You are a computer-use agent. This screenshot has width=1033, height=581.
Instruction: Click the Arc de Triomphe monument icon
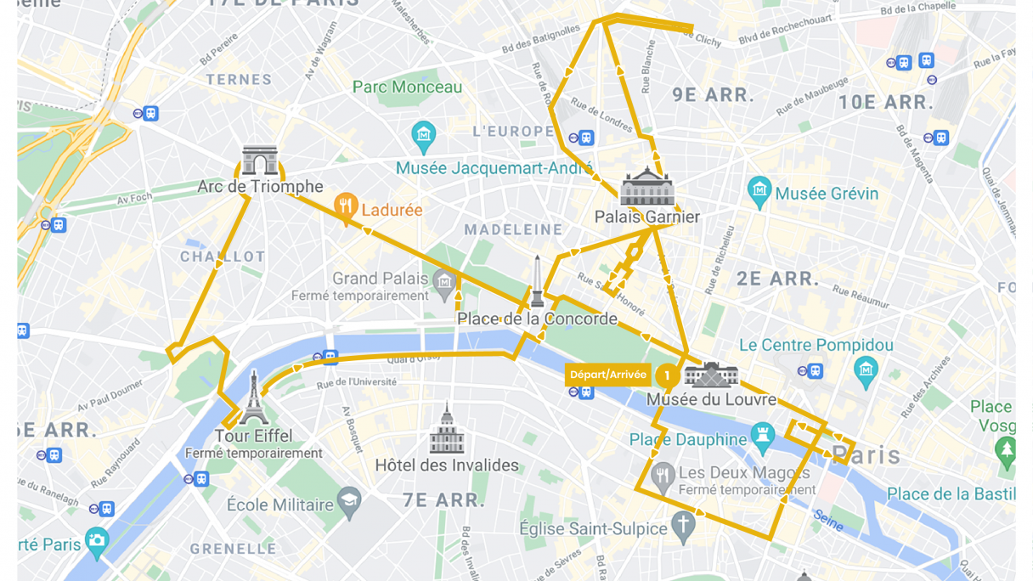click(x=260, y=160)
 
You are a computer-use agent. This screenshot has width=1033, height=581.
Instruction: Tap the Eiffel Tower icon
click(x=253, y=398)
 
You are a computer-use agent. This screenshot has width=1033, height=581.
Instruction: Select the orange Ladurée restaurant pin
click(x=345, y=207)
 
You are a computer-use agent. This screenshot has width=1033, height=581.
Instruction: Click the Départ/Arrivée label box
click(x=607, y=375)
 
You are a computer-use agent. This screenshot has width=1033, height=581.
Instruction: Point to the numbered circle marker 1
click(x=667, y=375)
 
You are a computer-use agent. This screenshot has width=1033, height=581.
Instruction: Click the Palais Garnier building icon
click(x=647, y=188)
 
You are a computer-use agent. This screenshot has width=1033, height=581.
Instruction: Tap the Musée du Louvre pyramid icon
click(x=711, y=375)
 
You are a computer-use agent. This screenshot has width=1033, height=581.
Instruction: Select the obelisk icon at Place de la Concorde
click(x=537, y=282)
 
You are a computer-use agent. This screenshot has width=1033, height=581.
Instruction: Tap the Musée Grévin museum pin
click(x=759, y=191)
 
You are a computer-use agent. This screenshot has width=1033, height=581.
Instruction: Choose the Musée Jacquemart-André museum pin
click(x=423, y=134)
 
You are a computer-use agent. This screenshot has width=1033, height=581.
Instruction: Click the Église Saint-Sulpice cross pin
click(x=683, y=527)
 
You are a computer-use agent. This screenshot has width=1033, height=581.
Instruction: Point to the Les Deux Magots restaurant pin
click(x=663, y=476)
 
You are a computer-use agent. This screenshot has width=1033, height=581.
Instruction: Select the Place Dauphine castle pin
click(x=762, y=437)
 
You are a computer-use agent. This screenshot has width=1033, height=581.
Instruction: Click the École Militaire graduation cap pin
click(x=349, y=501)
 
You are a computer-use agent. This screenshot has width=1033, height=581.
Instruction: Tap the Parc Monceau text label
click(x=408, y=87)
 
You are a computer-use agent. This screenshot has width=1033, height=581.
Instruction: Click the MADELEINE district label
click(x=513, y=229)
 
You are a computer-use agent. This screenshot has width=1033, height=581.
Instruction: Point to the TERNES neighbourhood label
click(x=238, y=80)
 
